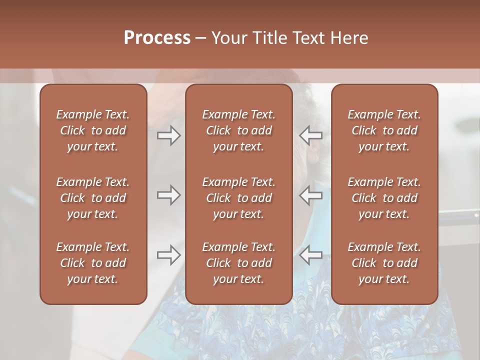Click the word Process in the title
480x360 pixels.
[x=157, y=38]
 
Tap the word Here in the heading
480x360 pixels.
[x=349, y=38]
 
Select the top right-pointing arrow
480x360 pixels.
[x=169, y=135]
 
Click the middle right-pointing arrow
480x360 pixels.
[x=169, y=195]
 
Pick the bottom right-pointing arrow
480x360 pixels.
[x=169, y=255]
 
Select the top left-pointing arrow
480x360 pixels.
[x=310, y=135]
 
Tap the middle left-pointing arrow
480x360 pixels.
[x=310, y=195]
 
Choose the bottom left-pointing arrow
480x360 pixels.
[x=310, y=255]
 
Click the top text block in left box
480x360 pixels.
[x=93, y=130]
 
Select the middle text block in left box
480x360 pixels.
[x=93, y=198]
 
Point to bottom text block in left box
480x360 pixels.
[x=93, y=263]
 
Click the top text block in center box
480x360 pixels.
[x=238, y=130]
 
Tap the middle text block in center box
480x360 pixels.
[x=238, y=198]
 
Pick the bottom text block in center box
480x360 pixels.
[x=238, y=263]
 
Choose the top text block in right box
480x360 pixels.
[x=384, y=130]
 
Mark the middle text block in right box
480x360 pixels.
[x=384, y=198]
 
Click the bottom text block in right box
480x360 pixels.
[x=384, y=263]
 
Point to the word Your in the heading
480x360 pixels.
[x=228, y=38]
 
